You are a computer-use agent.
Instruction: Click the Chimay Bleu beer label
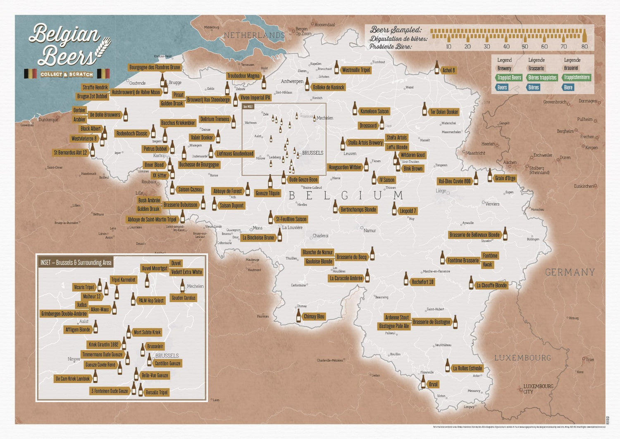[314, 317]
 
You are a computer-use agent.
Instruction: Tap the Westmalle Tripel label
[356, 70]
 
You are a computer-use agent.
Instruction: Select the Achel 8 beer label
[448, 70]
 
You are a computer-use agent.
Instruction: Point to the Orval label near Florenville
[433, 384]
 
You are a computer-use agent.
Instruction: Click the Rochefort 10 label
[422, 282]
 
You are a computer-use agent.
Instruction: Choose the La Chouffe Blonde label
[491, 285]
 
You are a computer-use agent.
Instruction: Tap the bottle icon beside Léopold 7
[394, 209]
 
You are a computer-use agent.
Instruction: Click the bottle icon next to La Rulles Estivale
[447, 366]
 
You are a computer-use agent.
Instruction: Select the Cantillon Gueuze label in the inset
[167, 364]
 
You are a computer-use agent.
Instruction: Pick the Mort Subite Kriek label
[147, 332]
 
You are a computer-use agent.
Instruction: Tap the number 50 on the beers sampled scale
[525, 47]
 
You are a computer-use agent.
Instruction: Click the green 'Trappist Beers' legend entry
[509, 78]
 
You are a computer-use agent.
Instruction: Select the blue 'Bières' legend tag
[533, 87]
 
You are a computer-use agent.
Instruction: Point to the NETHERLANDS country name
[254, 36]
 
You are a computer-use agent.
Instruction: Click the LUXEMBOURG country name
[522, 358]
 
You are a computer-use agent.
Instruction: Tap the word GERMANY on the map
[570, 272]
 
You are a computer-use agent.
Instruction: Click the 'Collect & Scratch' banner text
[67, 74]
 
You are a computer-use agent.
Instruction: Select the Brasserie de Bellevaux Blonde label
[474, 235]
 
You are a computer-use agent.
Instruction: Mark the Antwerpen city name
[292, 82]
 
